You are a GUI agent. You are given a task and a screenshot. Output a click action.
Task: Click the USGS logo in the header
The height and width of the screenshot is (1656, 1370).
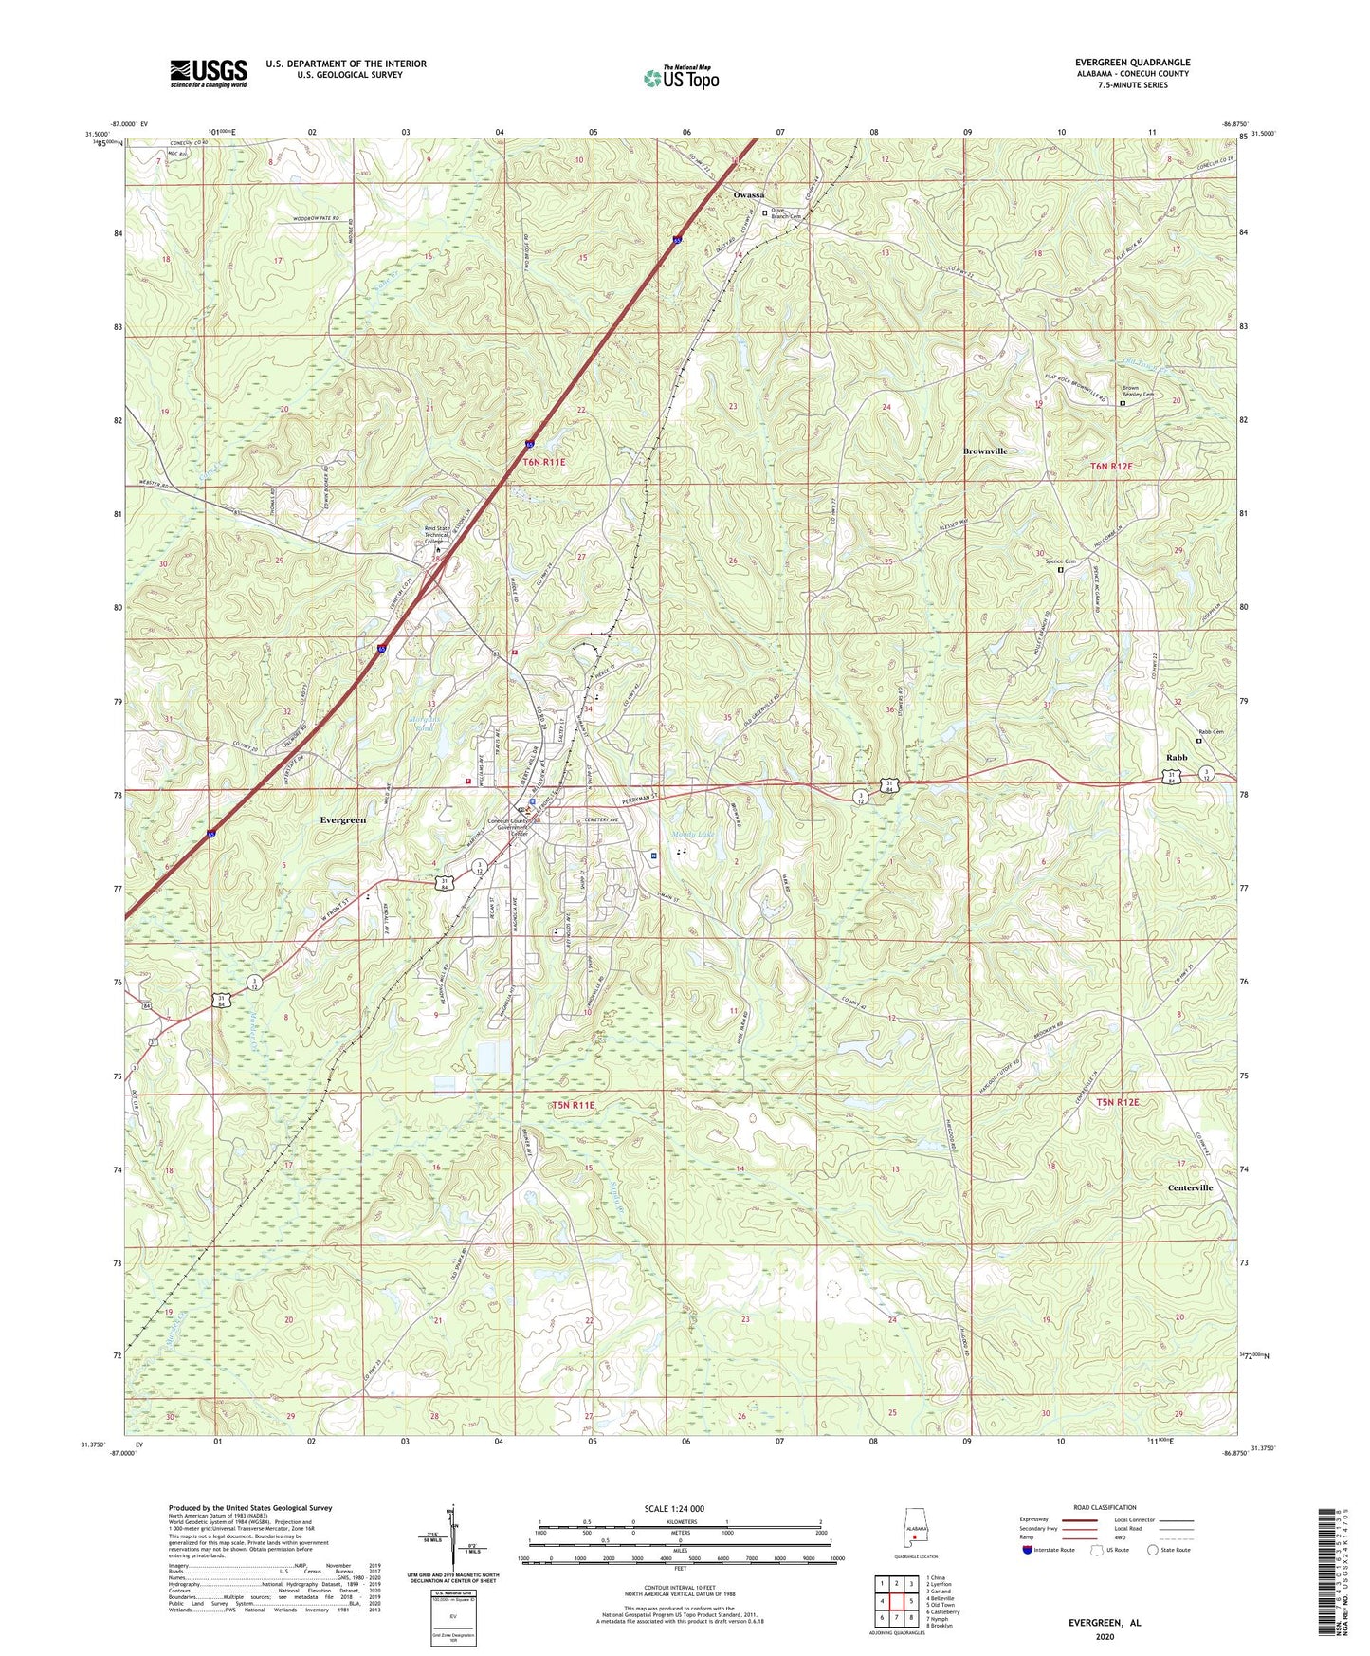click(x=209, y=72)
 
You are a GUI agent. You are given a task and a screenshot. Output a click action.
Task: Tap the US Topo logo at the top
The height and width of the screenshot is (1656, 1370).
click(x=680, y=78)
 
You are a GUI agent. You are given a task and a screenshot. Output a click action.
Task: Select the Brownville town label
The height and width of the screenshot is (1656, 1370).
click(x=985, y=451)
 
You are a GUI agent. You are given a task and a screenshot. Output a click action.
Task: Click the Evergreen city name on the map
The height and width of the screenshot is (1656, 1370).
click(x=342, y=819)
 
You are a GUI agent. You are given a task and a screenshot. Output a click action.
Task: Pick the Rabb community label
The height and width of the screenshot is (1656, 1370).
click(x=1177, y=757)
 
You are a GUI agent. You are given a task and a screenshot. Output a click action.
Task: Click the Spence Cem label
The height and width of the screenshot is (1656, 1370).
click(x=1060, y=561)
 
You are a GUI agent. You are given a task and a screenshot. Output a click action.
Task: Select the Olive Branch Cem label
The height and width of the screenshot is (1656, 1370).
click(x=786, y=213)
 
